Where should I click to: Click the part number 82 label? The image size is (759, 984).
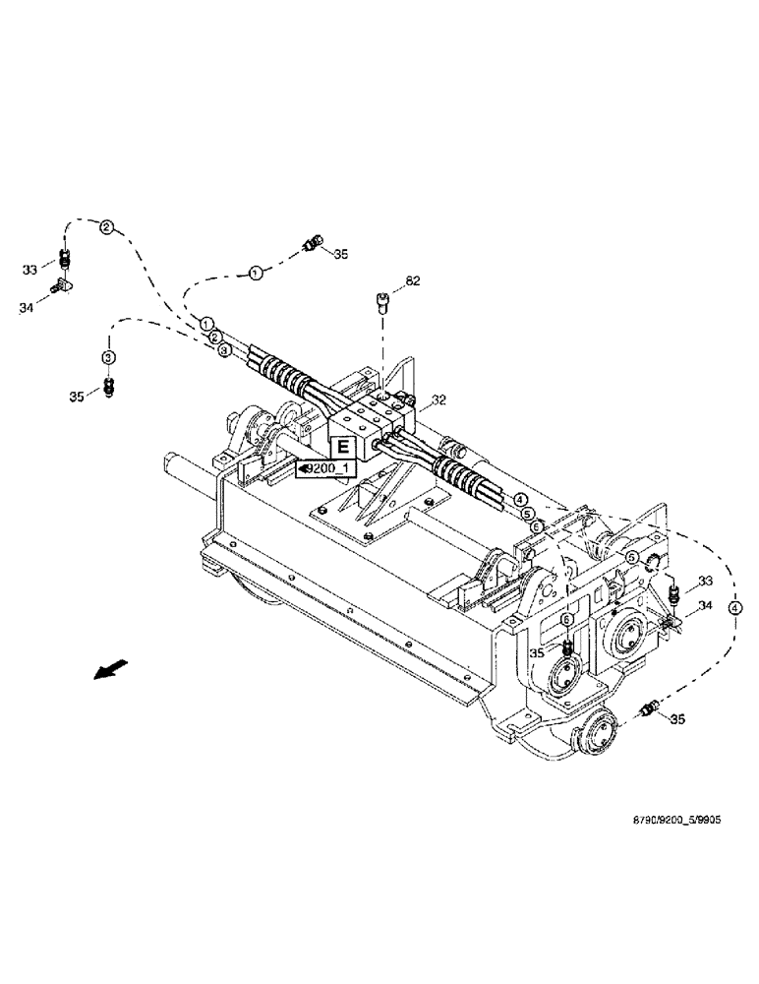coord(412,281)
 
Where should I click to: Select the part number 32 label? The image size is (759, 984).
coord(439,400)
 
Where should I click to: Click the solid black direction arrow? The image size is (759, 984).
coord(102,670)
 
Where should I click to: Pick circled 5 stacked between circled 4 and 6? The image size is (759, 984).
coord(527,514)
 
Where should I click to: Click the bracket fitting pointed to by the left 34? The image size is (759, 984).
coord(61,286)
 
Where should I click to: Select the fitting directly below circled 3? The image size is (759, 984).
coord(109,387)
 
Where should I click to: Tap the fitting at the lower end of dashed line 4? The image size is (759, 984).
coord(648,708)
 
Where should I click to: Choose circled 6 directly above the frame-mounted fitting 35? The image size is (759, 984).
coord(566,618)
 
